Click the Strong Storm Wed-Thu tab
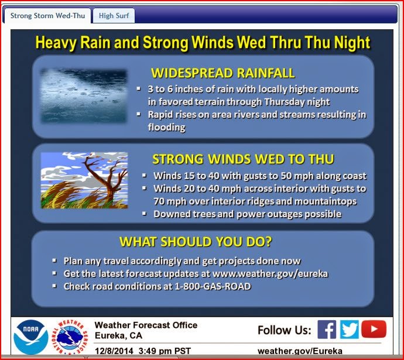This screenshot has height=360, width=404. coord(47,16)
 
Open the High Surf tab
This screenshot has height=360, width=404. coord(114,16)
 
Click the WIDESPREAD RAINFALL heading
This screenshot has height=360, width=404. coord(223,73)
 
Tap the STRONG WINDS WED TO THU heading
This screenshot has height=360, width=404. coord(243,159)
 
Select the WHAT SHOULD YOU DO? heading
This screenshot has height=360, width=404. coord(196,242)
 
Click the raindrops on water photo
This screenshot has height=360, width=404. coord(84,96)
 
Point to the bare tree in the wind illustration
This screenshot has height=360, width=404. coord(105,178)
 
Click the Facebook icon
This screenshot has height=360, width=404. coord(327,330)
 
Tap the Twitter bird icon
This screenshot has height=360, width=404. coord(350,330)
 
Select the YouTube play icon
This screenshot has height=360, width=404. coord(374,329)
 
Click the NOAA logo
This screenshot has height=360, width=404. coord(31,337)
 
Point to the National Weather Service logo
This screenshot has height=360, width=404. coord(70,337)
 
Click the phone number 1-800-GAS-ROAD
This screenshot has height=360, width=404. coord(213,286)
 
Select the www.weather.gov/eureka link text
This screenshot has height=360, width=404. coord(271,273)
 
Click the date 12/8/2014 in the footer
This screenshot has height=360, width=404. coord(114,351)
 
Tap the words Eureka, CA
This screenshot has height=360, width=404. coord(118,335)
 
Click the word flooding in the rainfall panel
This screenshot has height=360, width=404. coord(167,127)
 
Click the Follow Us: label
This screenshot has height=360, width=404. coord(285,330)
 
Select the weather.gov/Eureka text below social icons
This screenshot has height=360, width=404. coord(300,351)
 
